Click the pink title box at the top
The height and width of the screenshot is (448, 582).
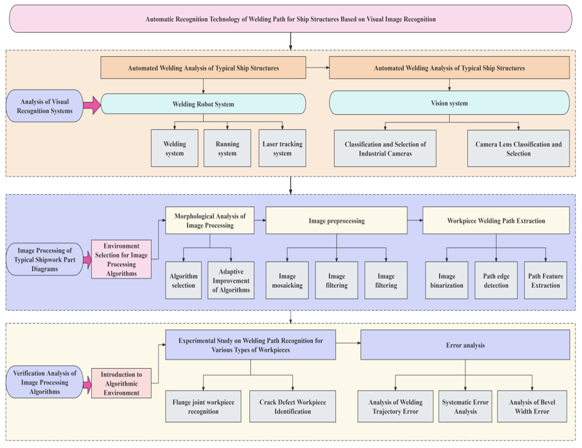click(290, 19)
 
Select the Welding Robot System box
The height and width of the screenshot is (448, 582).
click(203, 104)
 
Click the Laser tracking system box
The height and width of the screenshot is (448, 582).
click(282, 148)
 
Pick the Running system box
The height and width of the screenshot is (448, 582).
click(227, 148)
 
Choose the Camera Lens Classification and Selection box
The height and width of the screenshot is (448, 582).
click(518, 149)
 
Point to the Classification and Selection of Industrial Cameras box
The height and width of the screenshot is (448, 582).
click(385, 149)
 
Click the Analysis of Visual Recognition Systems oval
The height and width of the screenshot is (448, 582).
click(45, 106)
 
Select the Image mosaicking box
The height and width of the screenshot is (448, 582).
click(287, 280)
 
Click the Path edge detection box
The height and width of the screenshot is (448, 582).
click(496, 280)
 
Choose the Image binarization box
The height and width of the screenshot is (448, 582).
click(447, 280)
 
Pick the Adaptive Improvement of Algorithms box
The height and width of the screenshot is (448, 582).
click(231, 280)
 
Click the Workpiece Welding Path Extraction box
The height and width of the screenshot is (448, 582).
click(496, 220)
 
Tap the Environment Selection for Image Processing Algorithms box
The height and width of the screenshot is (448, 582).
click(121, 259)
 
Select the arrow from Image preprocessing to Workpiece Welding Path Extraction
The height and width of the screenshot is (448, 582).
click(415, 220)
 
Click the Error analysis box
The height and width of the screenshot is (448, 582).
click(465, 345)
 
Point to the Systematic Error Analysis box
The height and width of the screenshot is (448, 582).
click(465, 406)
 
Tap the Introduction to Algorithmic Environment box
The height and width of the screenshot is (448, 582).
click(121, 383)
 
